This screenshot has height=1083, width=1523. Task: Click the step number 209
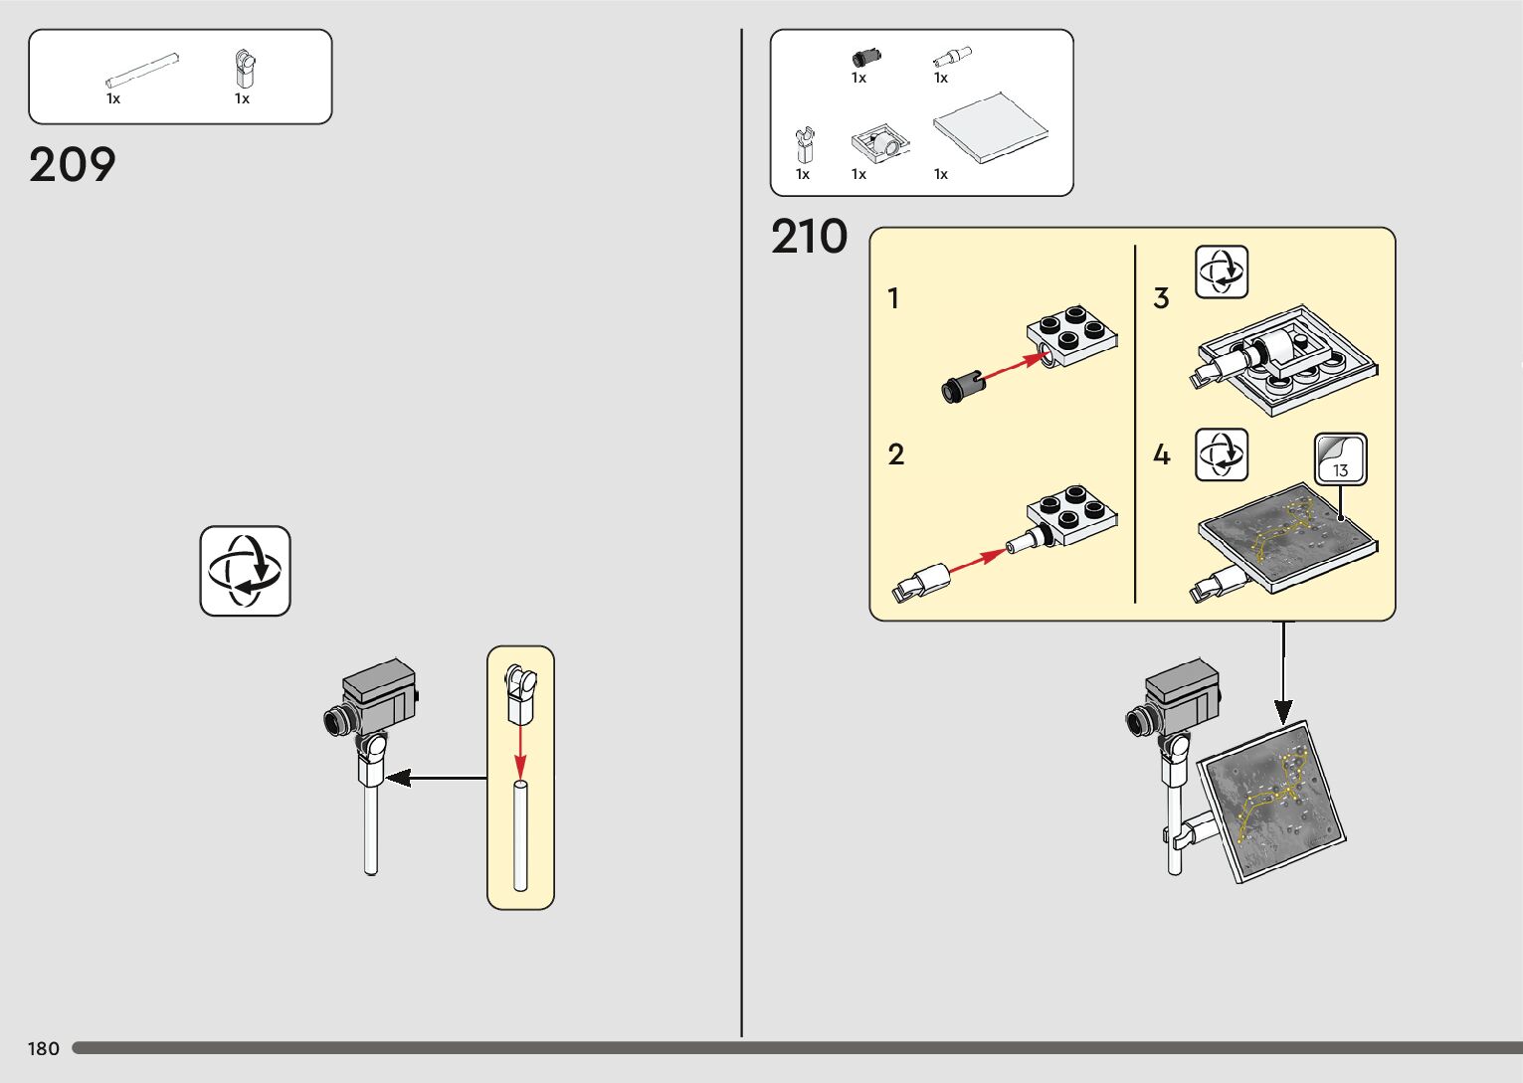pyautogui.click(x=73, y=165)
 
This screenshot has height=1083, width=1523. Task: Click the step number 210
pyautogui.click(x=809, y=238)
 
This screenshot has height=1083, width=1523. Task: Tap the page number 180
pyautogui.click(x=44, y=1048)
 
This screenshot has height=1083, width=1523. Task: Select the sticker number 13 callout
pyautogui.click(x=1340, y=459)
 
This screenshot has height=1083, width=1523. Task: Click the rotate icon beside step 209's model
pyautogui.click(x=245, y=571)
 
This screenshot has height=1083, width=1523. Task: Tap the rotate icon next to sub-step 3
pyautogui.click(x=1221, y=271)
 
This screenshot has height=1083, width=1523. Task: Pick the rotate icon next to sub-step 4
pyautogui.click(x=1221, y=454)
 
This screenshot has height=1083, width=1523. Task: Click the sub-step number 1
pyautogui.click(x=893, y=298)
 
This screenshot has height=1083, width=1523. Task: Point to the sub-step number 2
pyautogui.click(x=895, y=454)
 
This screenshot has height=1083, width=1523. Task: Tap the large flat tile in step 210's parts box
pyautogui.click(x=990, y=126)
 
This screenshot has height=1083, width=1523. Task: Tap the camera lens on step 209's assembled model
pyautogui.click(x=336, y=719)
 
